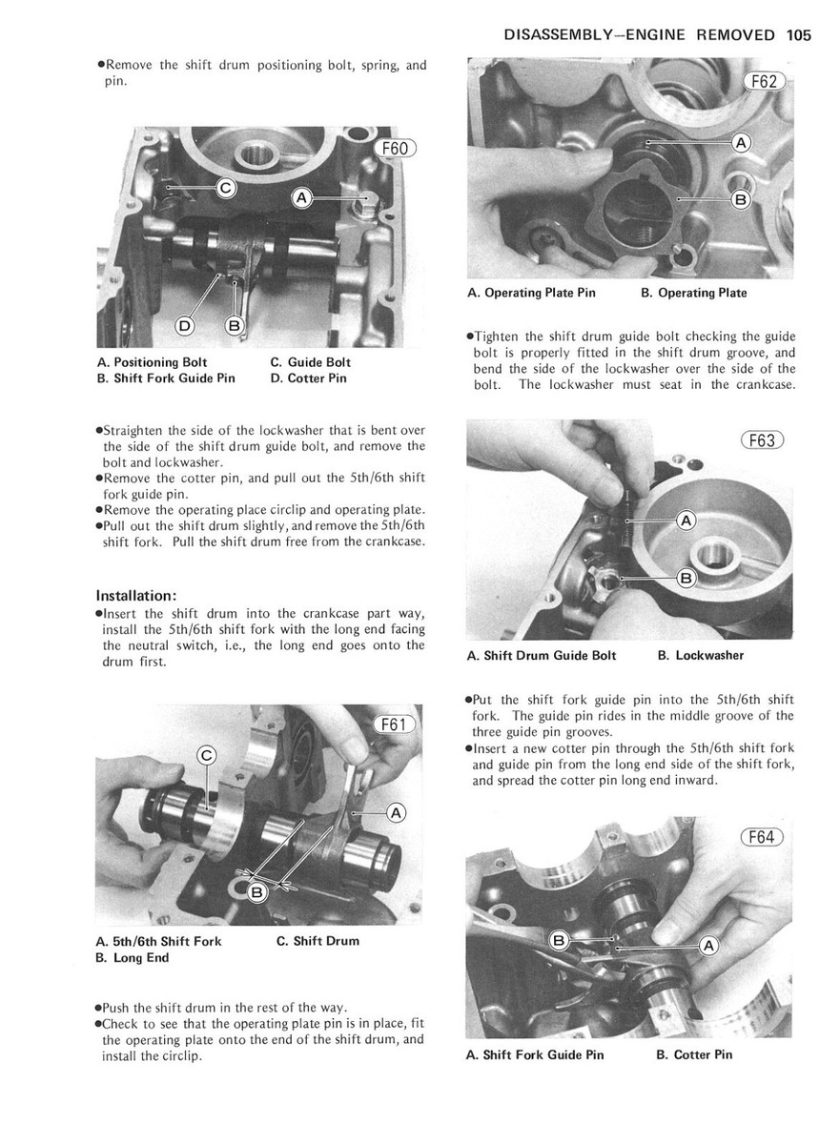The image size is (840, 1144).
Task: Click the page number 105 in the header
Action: [x=799, y=35]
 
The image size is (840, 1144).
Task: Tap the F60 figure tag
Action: [x=393, y=148]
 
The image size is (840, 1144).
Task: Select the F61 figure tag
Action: [x=393, y=725]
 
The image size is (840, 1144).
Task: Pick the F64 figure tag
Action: [x=761, y=838]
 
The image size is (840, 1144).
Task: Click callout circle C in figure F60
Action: [x=225, y=189]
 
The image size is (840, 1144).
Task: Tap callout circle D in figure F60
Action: [x=185, y=326]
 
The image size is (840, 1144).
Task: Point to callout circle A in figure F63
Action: [x=686, y=520]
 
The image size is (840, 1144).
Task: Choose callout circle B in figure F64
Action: [x=561, y=941]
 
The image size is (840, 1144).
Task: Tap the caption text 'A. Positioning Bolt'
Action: [x=152, y=362]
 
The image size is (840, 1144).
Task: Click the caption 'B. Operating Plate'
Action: [x=694, y=293]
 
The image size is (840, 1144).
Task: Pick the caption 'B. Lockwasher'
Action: [x=701, y=655]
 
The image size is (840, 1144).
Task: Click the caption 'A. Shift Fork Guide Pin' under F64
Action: [x=535, y=1054]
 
